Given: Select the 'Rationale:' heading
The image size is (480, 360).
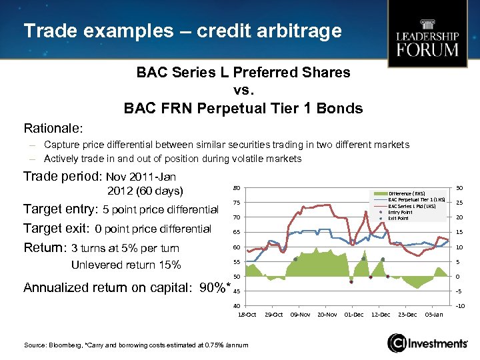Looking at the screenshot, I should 53,127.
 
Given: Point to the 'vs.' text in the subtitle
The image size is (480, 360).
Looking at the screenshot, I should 243,90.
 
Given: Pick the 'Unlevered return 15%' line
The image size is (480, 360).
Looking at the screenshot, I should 126,265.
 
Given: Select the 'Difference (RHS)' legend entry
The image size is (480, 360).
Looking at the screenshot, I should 410,193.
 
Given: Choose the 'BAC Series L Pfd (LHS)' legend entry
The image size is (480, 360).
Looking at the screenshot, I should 416,206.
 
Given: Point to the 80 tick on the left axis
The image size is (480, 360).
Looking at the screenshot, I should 237,187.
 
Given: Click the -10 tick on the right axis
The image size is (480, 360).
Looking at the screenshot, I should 459,306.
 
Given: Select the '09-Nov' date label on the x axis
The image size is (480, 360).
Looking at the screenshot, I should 301,314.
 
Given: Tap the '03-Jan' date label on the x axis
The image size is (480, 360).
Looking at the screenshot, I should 434,314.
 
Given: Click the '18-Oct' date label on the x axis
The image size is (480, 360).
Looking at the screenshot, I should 247,314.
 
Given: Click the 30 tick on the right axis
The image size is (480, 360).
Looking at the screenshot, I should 459,187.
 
